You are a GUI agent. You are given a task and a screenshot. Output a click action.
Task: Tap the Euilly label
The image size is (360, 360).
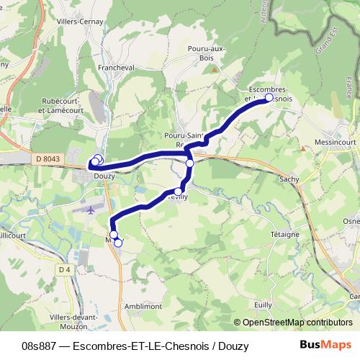pos(262,305)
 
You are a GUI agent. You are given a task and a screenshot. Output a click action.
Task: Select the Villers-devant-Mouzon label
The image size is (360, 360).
pos(74,321)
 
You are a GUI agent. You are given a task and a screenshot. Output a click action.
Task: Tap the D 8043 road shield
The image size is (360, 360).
pos(48,158)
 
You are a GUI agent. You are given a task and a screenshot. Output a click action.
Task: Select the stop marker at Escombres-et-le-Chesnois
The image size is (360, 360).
pos(269,97)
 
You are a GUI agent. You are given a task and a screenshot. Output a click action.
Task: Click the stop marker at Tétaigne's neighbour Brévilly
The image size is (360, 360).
pos(178,192)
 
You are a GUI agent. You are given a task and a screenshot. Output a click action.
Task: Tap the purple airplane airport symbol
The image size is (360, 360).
pos(90,210)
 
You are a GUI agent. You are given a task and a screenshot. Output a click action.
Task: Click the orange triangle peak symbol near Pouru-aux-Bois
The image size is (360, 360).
pos(215,69)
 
